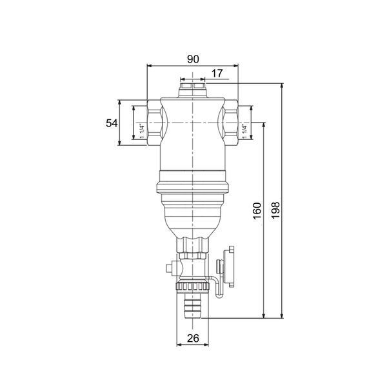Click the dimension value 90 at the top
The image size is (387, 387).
pos(193,59)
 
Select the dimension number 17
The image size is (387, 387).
pos(217,74)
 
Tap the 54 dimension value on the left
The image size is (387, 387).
pos(112,123)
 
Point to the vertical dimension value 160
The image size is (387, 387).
pos(257,211)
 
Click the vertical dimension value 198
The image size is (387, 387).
pos(275,210)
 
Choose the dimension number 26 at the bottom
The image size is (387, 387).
pos(193,339)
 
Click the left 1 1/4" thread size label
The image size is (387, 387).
pos(142,131)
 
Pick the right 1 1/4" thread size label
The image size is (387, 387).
pos(244,131)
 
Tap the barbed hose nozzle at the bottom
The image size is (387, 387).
pos(192,305)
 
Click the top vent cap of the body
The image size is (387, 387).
pos(192,90)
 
